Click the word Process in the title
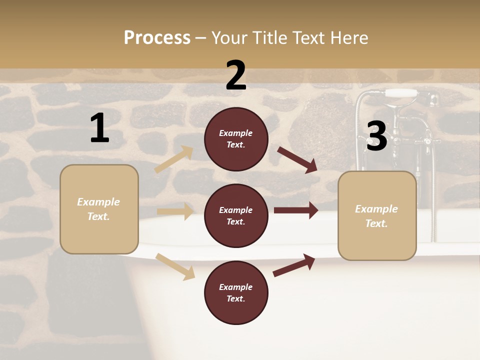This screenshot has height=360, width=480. (x=157, y=38)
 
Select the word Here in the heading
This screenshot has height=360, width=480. (x=348, y=38)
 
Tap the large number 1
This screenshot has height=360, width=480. (x=99, y=128)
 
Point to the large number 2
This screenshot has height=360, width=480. (x=236, y=75)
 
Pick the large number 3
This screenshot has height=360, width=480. (x=376, y=136)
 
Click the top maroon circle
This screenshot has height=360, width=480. (x=236, y=139)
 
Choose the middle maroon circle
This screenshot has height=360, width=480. (x=236, y=216)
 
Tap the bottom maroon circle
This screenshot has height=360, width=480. (x=236, y=293)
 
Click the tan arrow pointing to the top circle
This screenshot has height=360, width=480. (x=174, y=159)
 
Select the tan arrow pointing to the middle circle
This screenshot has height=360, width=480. (x=175, y=211)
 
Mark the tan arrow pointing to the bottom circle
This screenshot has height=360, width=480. (x=175, y=266)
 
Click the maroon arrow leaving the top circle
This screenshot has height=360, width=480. (x=297, y=159)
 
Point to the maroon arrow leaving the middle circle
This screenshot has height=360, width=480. (x=296, y=210)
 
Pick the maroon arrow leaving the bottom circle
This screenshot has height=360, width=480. (x=294, y=265)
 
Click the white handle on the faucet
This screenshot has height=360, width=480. (x=402, y=93)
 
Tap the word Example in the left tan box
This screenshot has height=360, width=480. (x=98, y=202)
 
